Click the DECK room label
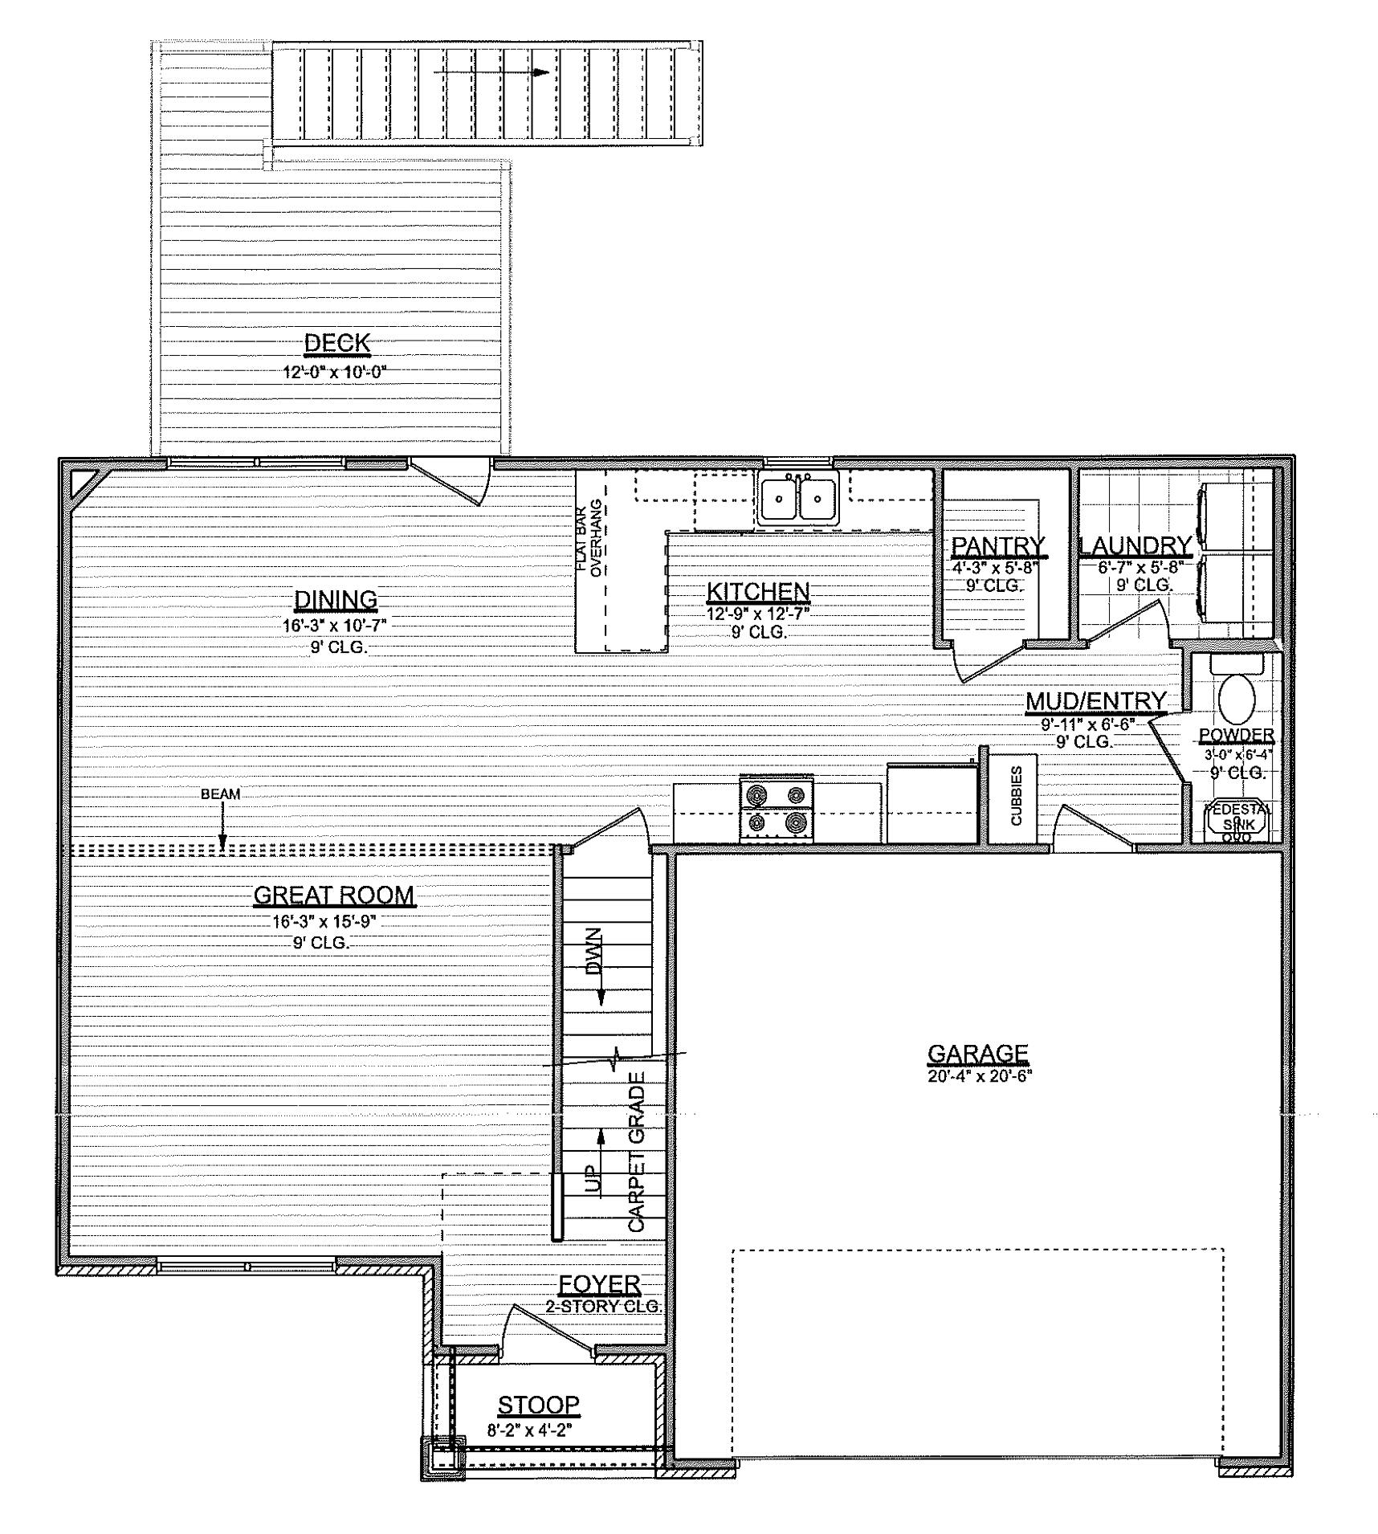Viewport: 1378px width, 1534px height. (337, 343)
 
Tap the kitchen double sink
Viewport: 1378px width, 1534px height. (797, 498)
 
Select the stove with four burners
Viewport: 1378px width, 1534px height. (776, 809)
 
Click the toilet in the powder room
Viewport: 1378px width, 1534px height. (1237, 700)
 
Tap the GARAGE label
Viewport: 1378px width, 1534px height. (977, 1053)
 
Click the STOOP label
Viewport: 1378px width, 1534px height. (538, 1405)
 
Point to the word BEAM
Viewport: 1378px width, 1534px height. (220, 794)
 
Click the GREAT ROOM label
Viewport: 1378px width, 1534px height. (334, 895)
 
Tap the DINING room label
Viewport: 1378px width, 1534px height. (336, 599)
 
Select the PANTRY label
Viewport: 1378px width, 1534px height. (998, 546)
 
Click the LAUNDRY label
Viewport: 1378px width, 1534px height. (1135, 546)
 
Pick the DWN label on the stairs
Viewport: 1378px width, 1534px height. (593, 951)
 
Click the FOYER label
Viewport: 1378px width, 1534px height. (599, 1285)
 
